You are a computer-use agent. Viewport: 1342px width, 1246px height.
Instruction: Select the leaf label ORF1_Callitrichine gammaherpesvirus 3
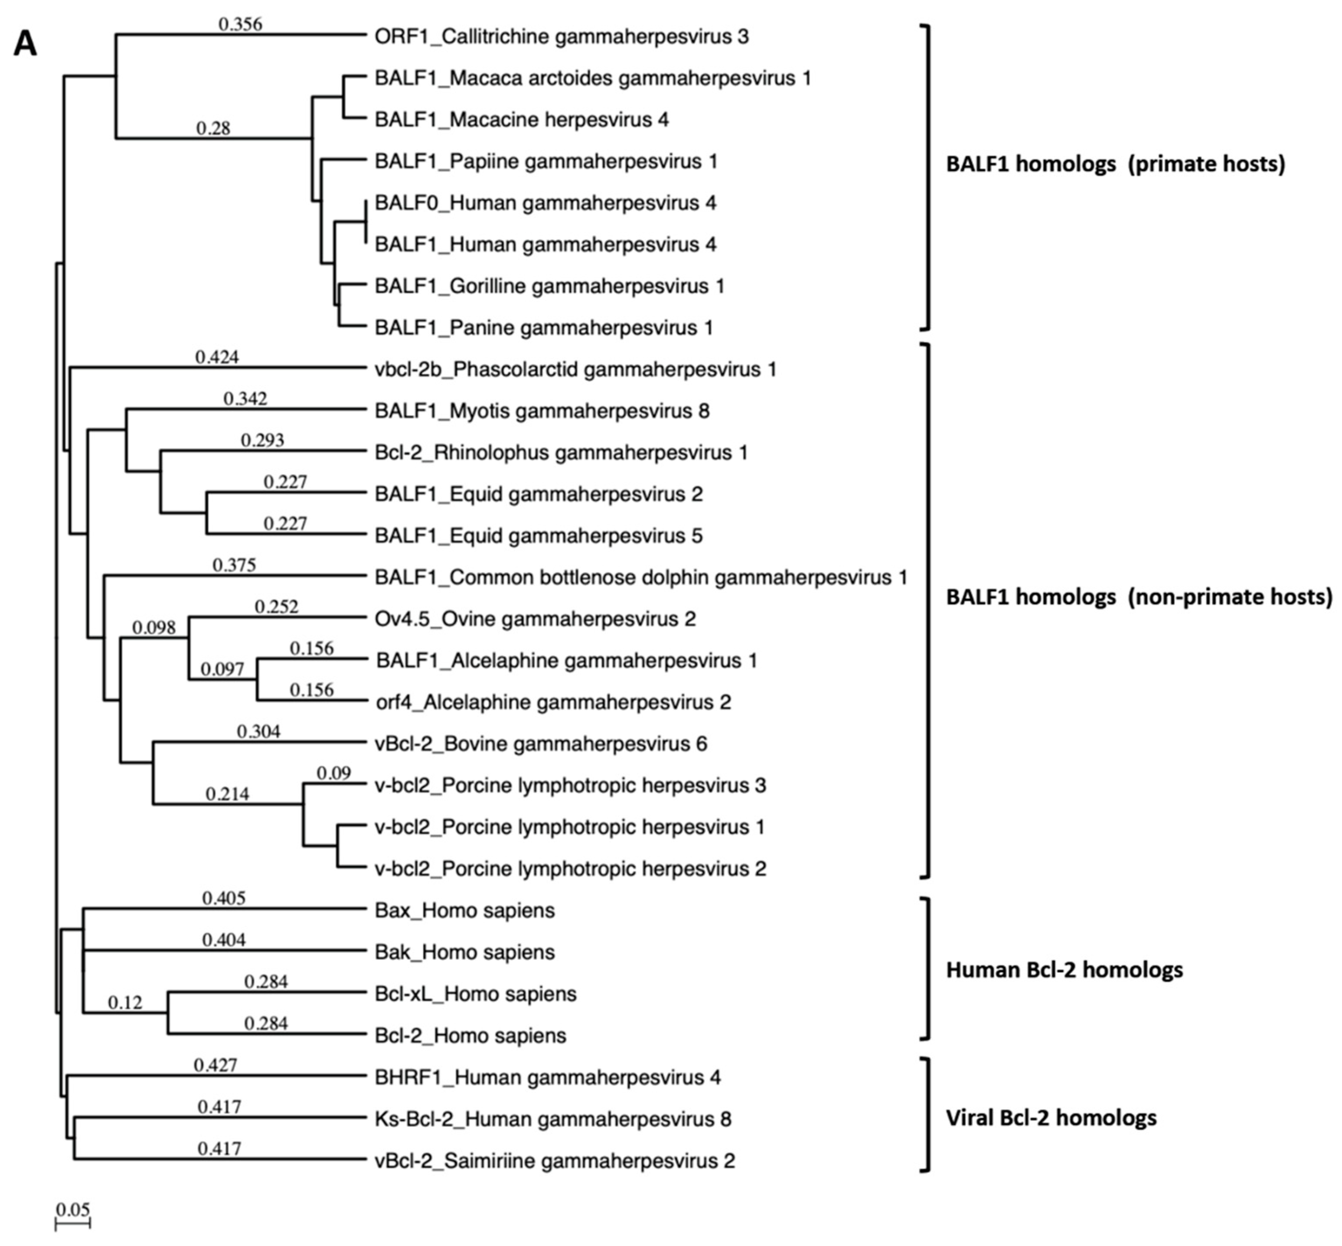(x=561, y=36)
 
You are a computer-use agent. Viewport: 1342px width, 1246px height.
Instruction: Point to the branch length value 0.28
(x=213, y=128)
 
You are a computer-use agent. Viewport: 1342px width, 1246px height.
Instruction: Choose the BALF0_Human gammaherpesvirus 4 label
(x=545, y=203)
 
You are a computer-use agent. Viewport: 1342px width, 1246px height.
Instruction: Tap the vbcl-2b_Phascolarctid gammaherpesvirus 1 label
(x=575, y=369)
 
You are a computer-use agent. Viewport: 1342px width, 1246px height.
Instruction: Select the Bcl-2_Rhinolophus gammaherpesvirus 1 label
(x=561, y=453)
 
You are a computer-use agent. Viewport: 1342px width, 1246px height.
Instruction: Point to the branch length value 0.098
(x=154, y=628)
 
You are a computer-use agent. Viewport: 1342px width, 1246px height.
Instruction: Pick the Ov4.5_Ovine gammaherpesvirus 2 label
(x=535, y=619)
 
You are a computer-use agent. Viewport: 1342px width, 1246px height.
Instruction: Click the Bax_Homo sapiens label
(x=465, y=911)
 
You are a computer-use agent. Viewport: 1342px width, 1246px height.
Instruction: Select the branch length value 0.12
(x=125, y=1003)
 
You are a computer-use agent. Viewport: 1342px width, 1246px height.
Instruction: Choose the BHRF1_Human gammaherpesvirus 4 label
(x=548, y=1077)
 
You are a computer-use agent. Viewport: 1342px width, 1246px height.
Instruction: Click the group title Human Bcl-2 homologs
(x=1064, y=969)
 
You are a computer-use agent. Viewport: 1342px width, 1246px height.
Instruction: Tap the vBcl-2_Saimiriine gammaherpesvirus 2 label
(x=554, y=1161)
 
